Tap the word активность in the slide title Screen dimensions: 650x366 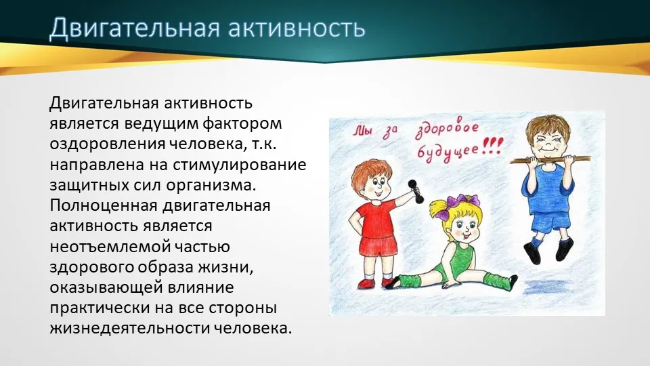[x=297, y=28]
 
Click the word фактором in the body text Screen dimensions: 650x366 [x=243, y=123]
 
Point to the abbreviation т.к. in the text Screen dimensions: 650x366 [x=263, y=144]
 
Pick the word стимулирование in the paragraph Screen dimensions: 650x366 [x=239, y=165]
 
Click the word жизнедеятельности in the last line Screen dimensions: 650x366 [x=129, y=328]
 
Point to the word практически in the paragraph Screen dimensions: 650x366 [x=100, y=308]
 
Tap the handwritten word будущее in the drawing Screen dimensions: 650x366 [x=448, y=152]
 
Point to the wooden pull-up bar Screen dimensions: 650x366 [x=550, y=159]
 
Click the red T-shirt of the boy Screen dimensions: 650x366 [x=375, y=218]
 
